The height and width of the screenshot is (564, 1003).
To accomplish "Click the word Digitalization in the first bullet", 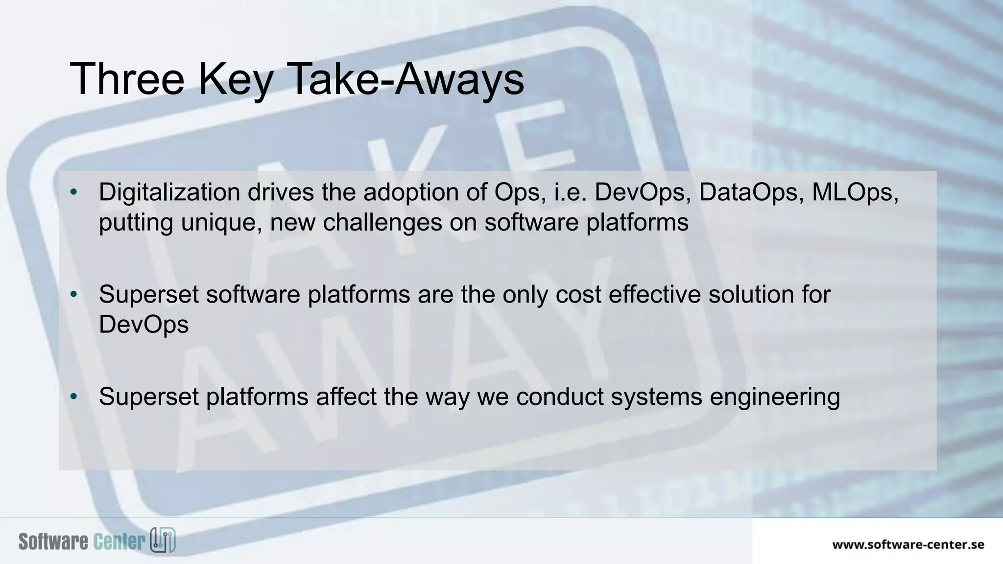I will pos(169,192).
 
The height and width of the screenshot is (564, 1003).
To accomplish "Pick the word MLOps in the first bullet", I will pos(855,192).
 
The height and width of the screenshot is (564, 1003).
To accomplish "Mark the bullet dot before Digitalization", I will pos(74,192).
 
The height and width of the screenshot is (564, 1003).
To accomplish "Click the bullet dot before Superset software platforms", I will pos(74,295).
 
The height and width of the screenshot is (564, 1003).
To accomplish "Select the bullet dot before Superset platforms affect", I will pos(74,397).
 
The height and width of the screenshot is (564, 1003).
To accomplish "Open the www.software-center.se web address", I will pos(908,544).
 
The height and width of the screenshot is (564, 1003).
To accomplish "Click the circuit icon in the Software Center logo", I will pos(163,540).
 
